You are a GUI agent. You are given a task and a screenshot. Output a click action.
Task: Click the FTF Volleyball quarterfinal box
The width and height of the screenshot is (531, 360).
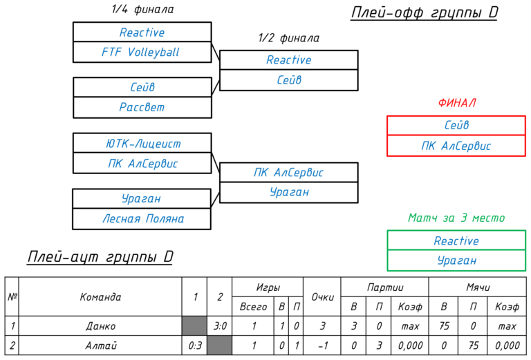[142, 52]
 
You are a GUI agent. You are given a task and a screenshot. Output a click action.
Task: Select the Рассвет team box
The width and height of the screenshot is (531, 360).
[142, 107]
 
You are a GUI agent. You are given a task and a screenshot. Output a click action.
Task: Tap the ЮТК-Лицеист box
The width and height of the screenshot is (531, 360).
[142, 143]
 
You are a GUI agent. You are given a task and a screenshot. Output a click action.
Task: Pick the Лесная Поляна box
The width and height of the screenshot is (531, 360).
[142, 218]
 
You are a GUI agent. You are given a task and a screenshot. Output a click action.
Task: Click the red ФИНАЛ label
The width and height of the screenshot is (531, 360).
[457, 103]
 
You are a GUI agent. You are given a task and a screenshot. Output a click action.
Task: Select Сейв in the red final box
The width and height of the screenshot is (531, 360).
[456, 126]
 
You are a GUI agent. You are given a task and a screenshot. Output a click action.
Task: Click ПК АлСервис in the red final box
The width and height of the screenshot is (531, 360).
[456, 146]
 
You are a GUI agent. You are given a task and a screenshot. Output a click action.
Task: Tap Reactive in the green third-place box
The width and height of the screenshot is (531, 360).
[456, 240]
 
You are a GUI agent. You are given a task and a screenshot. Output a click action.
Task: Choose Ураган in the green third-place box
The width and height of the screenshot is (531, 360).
[456, 260]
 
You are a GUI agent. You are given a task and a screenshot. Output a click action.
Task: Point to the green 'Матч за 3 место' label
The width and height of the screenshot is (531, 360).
[456, 218]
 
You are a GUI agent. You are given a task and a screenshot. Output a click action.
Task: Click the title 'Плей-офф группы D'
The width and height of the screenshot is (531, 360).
[424, 12]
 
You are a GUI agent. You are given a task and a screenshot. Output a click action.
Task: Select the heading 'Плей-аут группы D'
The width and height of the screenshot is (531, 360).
[100, 257]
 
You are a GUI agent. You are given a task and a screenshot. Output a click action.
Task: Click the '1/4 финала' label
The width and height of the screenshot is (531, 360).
[142, 9]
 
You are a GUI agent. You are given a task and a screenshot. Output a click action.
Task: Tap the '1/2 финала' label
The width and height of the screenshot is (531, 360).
[288, 38]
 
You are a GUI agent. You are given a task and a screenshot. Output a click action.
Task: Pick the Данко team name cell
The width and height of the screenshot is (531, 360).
[100, 326]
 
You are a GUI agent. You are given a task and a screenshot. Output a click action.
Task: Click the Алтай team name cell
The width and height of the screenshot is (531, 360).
[100, 345]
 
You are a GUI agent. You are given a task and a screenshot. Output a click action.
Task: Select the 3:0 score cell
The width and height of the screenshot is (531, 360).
[219, 326]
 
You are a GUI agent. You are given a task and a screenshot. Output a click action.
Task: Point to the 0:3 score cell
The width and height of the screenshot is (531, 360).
[194, 345]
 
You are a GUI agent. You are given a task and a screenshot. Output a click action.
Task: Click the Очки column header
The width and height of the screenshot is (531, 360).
[322, 296]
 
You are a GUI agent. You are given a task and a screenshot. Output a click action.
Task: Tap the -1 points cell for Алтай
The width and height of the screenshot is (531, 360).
[322, 345]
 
